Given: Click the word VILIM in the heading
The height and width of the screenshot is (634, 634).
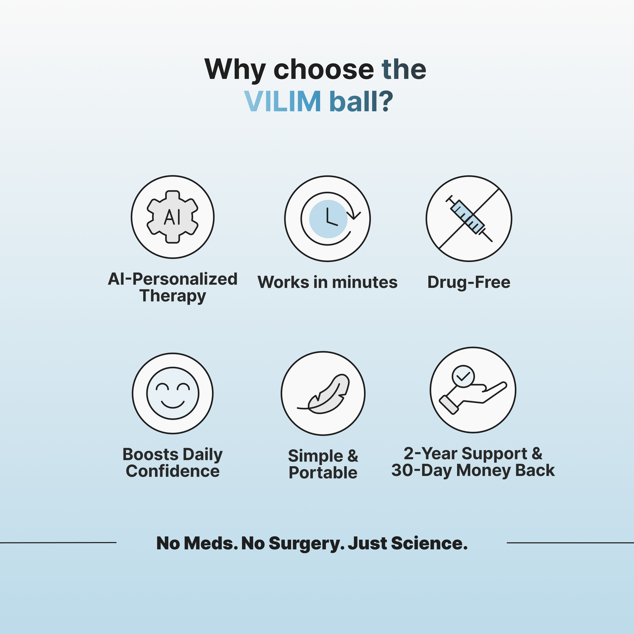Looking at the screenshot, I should click(x=282, y=102).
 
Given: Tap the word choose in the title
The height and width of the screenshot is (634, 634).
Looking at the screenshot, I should click(x=323, y=70).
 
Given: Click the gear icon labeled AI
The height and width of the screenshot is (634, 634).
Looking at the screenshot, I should click(x=172, y=217).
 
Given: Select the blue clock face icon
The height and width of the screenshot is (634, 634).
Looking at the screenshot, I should click(x=328, y=219).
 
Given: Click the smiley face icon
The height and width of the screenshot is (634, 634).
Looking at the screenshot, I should click(x=172, y=393).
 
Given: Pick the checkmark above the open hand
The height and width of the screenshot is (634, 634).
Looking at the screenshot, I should click(x=463, y=375).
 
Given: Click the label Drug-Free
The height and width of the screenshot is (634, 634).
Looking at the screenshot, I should click(x=469, y=282).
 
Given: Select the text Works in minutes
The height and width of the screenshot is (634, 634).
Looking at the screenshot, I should click(x=327, y=282).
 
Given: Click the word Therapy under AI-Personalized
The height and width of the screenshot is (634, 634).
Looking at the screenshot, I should click(x=172, y=296).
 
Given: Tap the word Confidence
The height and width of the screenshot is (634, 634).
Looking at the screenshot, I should click(x=172, y=471).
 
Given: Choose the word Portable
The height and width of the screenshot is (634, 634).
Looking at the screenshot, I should click(x=323, y=473).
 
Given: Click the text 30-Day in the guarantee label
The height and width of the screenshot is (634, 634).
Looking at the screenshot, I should click(x=422, y=470).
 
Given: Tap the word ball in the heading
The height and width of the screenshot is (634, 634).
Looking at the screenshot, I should click(x=353, y=102).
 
